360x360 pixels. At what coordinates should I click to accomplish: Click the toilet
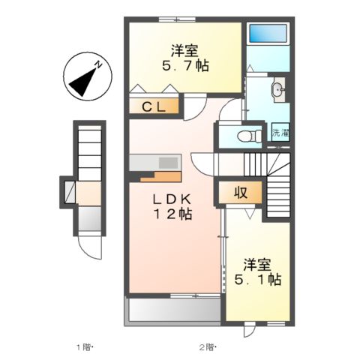246,136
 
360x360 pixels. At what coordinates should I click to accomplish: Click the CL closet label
155,107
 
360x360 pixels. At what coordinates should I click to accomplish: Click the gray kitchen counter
154,162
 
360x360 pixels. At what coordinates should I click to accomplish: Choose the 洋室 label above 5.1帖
256,265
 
